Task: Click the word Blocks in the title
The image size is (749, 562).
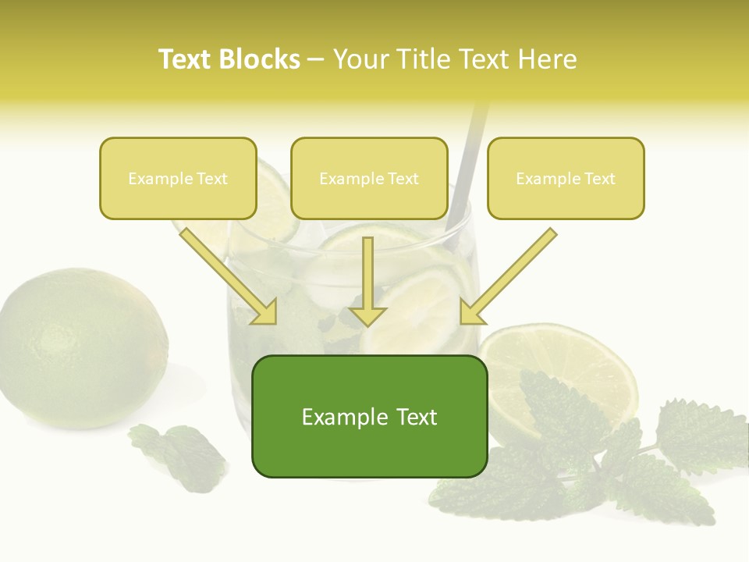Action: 261,59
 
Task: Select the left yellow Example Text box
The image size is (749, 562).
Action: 178,178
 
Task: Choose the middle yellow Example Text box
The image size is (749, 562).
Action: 369,178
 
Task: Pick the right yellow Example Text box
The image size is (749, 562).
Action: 566,178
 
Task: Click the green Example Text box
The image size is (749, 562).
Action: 369,416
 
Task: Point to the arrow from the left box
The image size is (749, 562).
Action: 230,277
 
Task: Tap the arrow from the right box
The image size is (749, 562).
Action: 507,277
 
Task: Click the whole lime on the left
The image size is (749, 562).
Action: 82,347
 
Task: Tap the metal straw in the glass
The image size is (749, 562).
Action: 468,164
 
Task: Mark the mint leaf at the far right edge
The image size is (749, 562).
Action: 698,437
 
